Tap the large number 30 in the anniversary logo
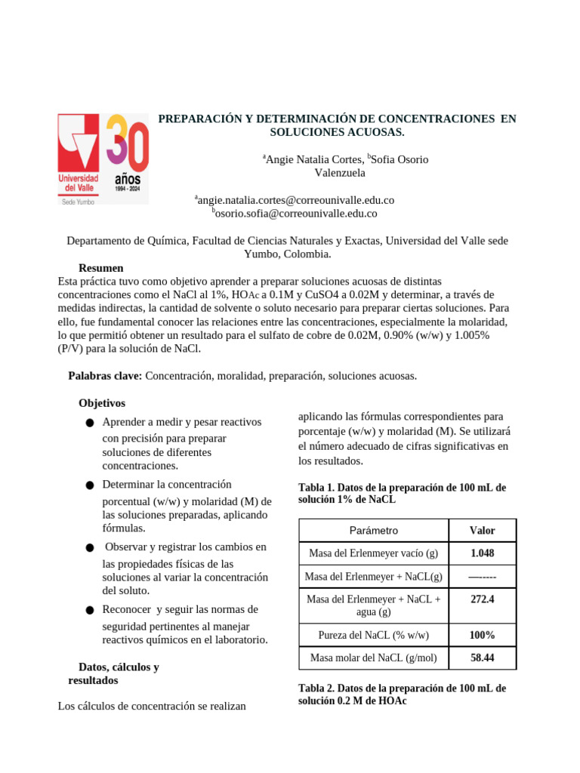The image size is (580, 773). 127,144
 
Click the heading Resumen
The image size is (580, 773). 100,268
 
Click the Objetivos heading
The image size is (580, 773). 102,403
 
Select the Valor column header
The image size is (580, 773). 482,531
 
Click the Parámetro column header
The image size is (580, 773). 373,531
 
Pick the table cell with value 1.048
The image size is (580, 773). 482,553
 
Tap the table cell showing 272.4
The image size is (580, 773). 482,599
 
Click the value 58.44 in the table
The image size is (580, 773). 482,658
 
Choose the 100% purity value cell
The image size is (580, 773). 482,635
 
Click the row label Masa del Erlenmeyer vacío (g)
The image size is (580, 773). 373,553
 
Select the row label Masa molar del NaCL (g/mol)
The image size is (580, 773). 373,658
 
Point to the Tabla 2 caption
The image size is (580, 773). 402,694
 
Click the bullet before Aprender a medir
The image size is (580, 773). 90,423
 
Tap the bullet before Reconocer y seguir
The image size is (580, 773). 90,610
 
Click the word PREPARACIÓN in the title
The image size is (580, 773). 200,119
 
